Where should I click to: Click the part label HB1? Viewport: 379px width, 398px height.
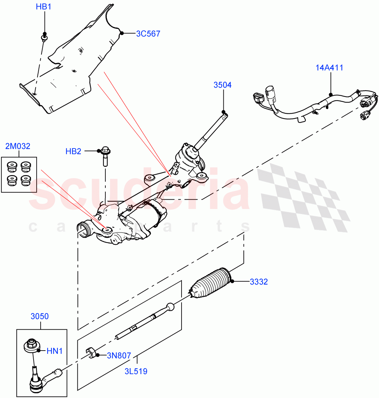44,7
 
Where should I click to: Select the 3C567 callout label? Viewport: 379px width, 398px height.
148,33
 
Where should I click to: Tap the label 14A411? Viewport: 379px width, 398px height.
329,68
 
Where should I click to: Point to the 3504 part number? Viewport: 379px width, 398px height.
222,85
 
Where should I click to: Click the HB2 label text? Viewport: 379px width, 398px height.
73,152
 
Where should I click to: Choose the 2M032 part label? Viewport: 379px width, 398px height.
18,146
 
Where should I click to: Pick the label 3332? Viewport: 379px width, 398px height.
259,282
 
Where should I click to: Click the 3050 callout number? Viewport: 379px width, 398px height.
40,316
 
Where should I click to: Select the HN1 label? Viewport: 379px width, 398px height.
55,351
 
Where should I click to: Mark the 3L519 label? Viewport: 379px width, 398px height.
136,371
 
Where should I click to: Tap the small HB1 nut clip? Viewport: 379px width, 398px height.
44,36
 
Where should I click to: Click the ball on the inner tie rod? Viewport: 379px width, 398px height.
170,307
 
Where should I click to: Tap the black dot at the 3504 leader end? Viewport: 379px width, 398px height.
223,112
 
